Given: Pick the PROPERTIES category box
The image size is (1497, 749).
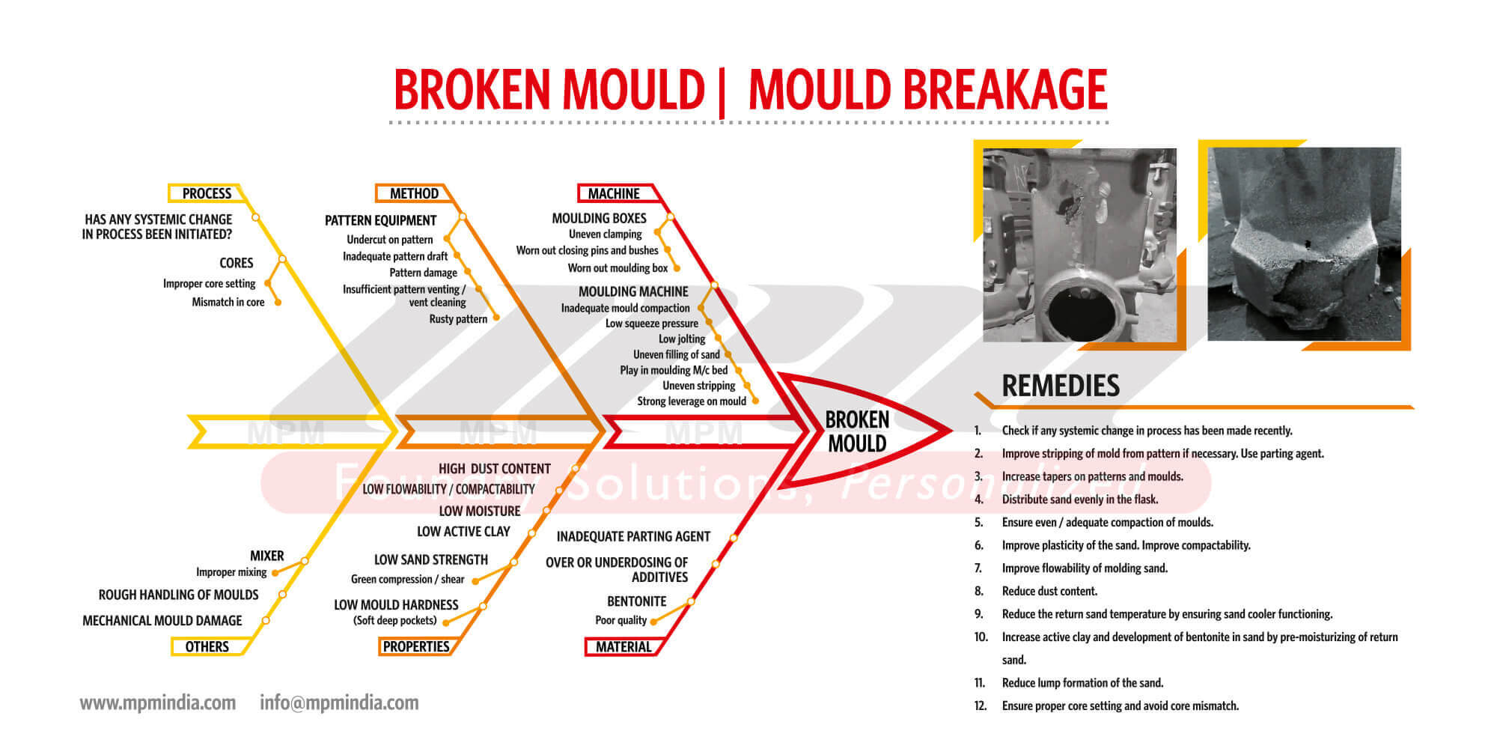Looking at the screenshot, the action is pos(416,646).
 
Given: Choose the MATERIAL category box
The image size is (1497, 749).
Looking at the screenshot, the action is pos(624,646).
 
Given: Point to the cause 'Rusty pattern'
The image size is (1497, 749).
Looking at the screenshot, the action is pos(458,319).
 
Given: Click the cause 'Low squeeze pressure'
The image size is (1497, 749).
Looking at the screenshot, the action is pos(652,324).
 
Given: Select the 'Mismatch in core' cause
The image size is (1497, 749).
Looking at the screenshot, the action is pos(228,303).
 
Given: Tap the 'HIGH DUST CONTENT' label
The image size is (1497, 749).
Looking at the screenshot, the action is pos(495,469).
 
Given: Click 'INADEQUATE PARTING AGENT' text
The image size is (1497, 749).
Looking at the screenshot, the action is pos(633,536).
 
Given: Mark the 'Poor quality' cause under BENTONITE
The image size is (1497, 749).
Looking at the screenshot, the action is pos(621,620).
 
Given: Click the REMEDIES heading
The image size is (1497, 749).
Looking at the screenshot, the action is pos(1061,386).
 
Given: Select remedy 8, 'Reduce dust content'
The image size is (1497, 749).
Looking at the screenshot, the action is pos(1049,591).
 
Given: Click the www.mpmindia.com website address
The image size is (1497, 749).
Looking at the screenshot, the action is pos(158,703).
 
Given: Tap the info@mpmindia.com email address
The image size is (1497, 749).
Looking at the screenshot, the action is pos(339,703).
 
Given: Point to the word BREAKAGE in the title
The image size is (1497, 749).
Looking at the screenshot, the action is pos(1006,90).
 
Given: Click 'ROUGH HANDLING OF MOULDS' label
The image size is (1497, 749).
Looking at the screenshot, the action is pos(178,595).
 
